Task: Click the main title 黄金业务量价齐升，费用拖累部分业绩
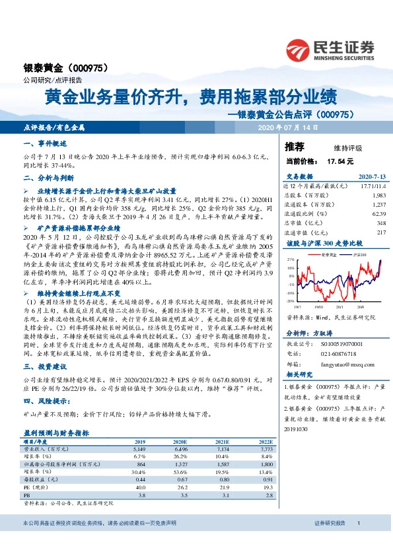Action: point(192,98)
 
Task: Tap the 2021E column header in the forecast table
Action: point(223,441)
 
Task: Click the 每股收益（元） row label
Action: point(40,479)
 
